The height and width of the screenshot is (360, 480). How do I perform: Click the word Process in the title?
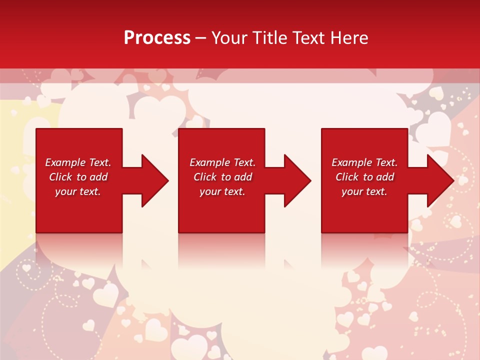tap(157, 38)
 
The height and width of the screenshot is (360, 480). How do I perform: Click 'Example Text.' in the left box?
tap(78, 162)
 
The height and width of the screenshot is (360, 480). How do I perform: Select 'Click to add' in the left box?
tap(78, 177)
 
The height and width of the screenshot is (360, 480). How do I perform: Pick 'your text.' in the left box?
tap(78, 191)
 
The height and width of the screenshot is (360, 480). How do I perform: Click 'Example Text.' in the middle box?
tap(222, 162)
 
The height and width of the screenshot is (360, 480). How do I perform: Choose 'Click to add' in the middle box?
tap(222, 177)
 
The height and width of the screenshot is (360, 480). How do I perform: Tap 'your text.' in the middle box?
tap(222, 191)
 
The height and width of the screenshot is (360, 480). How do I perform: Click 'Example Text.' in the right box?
tap(364, 162)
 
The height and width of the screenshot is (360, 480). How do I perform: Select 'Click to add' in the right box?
tap(364, 177)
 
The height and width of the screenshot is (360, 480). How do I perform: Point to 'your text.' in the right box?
tap(364, 191)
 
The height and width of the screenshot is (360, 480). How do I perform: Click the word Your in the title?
tap(228, 38)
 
